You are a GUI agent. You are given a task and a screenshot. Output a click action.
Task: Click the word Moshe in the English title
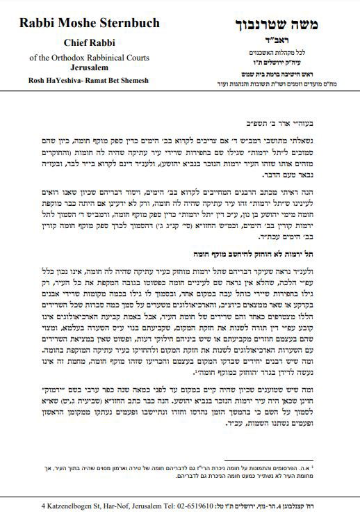(81, 24)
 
